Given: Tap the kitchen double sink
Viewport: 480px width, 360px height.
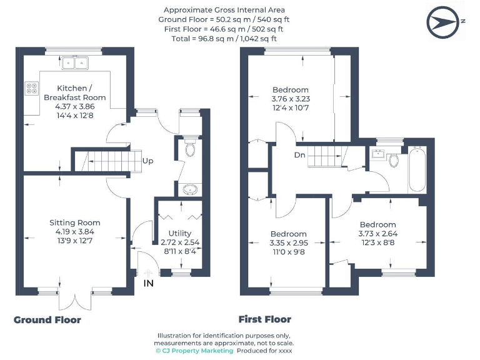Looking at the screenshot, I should click(74, 62).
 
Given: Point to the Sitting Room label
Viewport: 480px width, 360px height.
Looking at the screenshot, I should click(75, 222).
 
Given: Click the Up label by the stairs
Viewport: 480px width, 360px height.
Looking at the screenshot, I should click(148, 161).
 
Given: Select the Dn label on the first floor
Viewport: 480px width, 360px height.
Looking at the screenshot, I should click(299, 155).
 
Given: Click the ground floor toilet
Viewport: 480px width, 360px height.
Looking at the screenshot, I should click(191, 149).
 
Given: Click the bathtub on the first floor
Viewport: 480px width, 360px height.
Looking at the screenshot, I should click(417, 170).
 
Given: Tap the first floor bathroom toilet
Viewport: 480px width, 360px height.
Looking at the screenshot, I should click(394, 161).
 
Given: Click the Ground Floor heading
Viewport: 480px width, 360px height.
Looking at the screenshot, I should click(47, 320).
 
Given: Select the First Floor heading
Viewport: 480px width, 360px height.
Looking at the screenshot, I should click(265, 319).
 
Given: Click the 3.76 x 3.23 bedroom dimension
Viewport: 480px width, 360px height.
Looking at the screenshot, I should click(291, 99).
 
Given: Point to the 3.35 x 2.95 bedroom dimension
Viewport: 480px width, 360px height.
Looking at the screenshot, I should click(288, 242).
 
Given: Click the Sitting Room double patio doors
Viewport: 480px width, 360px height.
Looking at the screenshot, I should click(75, 299).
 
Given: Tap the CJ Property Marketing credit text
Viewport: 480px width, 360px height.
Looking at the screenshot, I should click(194, 351).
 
